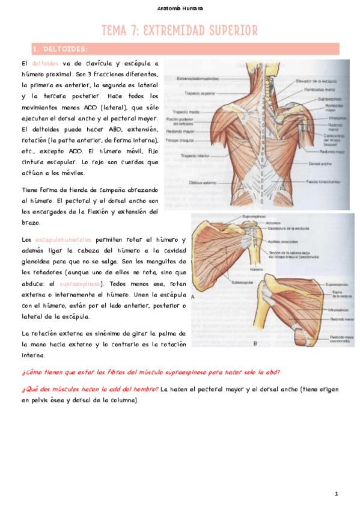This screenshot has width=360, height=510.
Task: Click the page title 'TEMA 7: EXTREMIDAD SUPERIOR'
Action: pyautogui.click(x=180, y=30)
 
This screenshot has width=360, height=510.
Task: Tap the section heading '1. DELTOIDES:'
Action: pyautogui.click(x=61, y=49)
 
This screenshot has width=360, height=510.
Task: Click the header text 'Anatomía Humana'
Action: pyautogui.click(x=180, y=8)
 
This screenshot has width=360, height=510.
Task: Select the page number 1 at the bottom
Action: pyautogui.click(x=337, y=494)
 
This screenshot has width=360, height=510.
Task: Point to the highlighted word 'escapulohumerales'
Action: pyautogui.click(x=63, y=239)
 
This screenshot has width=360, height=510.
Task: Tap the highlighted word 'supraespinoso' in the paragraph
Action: pyautogui.click(x=81, y=283)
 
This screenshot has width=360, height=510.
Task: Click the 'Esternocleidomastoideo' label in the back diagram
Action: pyautogui.click(x=198, y=78)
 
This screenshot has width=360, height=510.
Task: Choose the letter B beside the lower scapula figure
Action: pyautogui.click(x=255, y=343)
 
